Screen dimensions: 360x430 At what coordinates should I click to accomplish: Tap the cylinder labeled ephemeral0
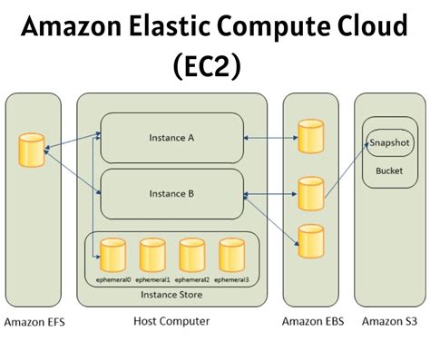[114, 258]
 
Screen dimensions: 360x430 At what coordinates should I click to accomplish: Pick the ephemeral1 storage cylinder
[152, 258]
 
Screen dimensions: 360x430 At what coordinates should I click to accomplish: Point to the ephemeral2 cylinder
[192, 258]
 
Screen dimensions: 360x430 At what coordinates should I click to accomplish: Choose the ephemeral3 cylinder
[232, 258]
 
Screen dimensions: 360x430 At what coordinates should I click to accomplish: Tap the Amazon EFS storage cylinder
[33, 151]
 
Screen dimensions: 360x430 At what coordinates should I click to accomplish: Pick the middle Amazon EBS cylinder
[311, 193]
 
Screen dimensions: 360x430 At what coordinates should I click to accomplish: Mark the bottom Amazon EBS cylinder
[311, 240]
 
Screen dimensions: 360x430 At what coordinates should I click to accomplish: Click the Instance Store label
[171, 295]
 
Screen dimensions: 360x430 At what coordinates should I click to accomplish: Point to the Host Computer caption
[171, 322]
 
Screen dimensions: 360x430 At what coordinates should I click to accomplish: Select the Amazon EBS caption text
[311, 322]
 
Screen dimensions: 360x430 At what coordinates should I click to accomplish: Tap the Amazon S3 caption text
[390, 322]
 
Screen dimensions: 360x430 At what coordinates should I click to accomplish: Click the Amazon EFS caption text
[34, 322]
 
